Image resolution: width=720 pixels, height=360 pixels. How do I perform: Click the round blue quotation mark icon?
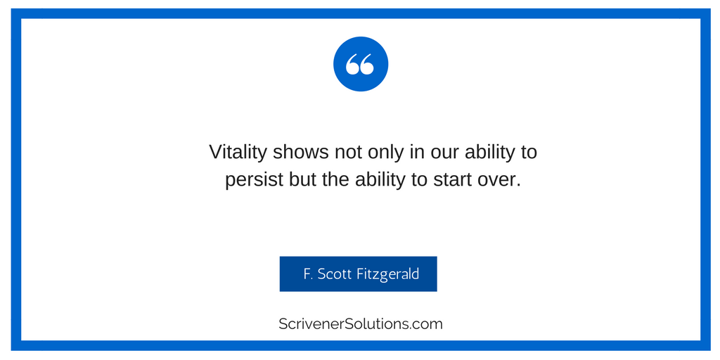(361, 64)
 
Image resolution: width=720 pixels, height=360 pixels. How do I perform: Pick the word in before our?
(417, 153)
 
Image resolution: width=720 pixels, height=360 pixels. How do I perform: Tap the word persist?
(254, 180)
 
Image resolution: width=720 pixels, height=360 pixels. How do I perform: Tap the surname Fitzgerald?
(388, 275)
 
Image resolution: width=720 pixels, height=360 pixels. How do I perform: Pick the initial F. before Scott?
(309, 274)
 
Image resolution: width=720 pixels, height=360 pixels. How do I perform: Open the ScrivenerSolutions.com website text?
(361, 323)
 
